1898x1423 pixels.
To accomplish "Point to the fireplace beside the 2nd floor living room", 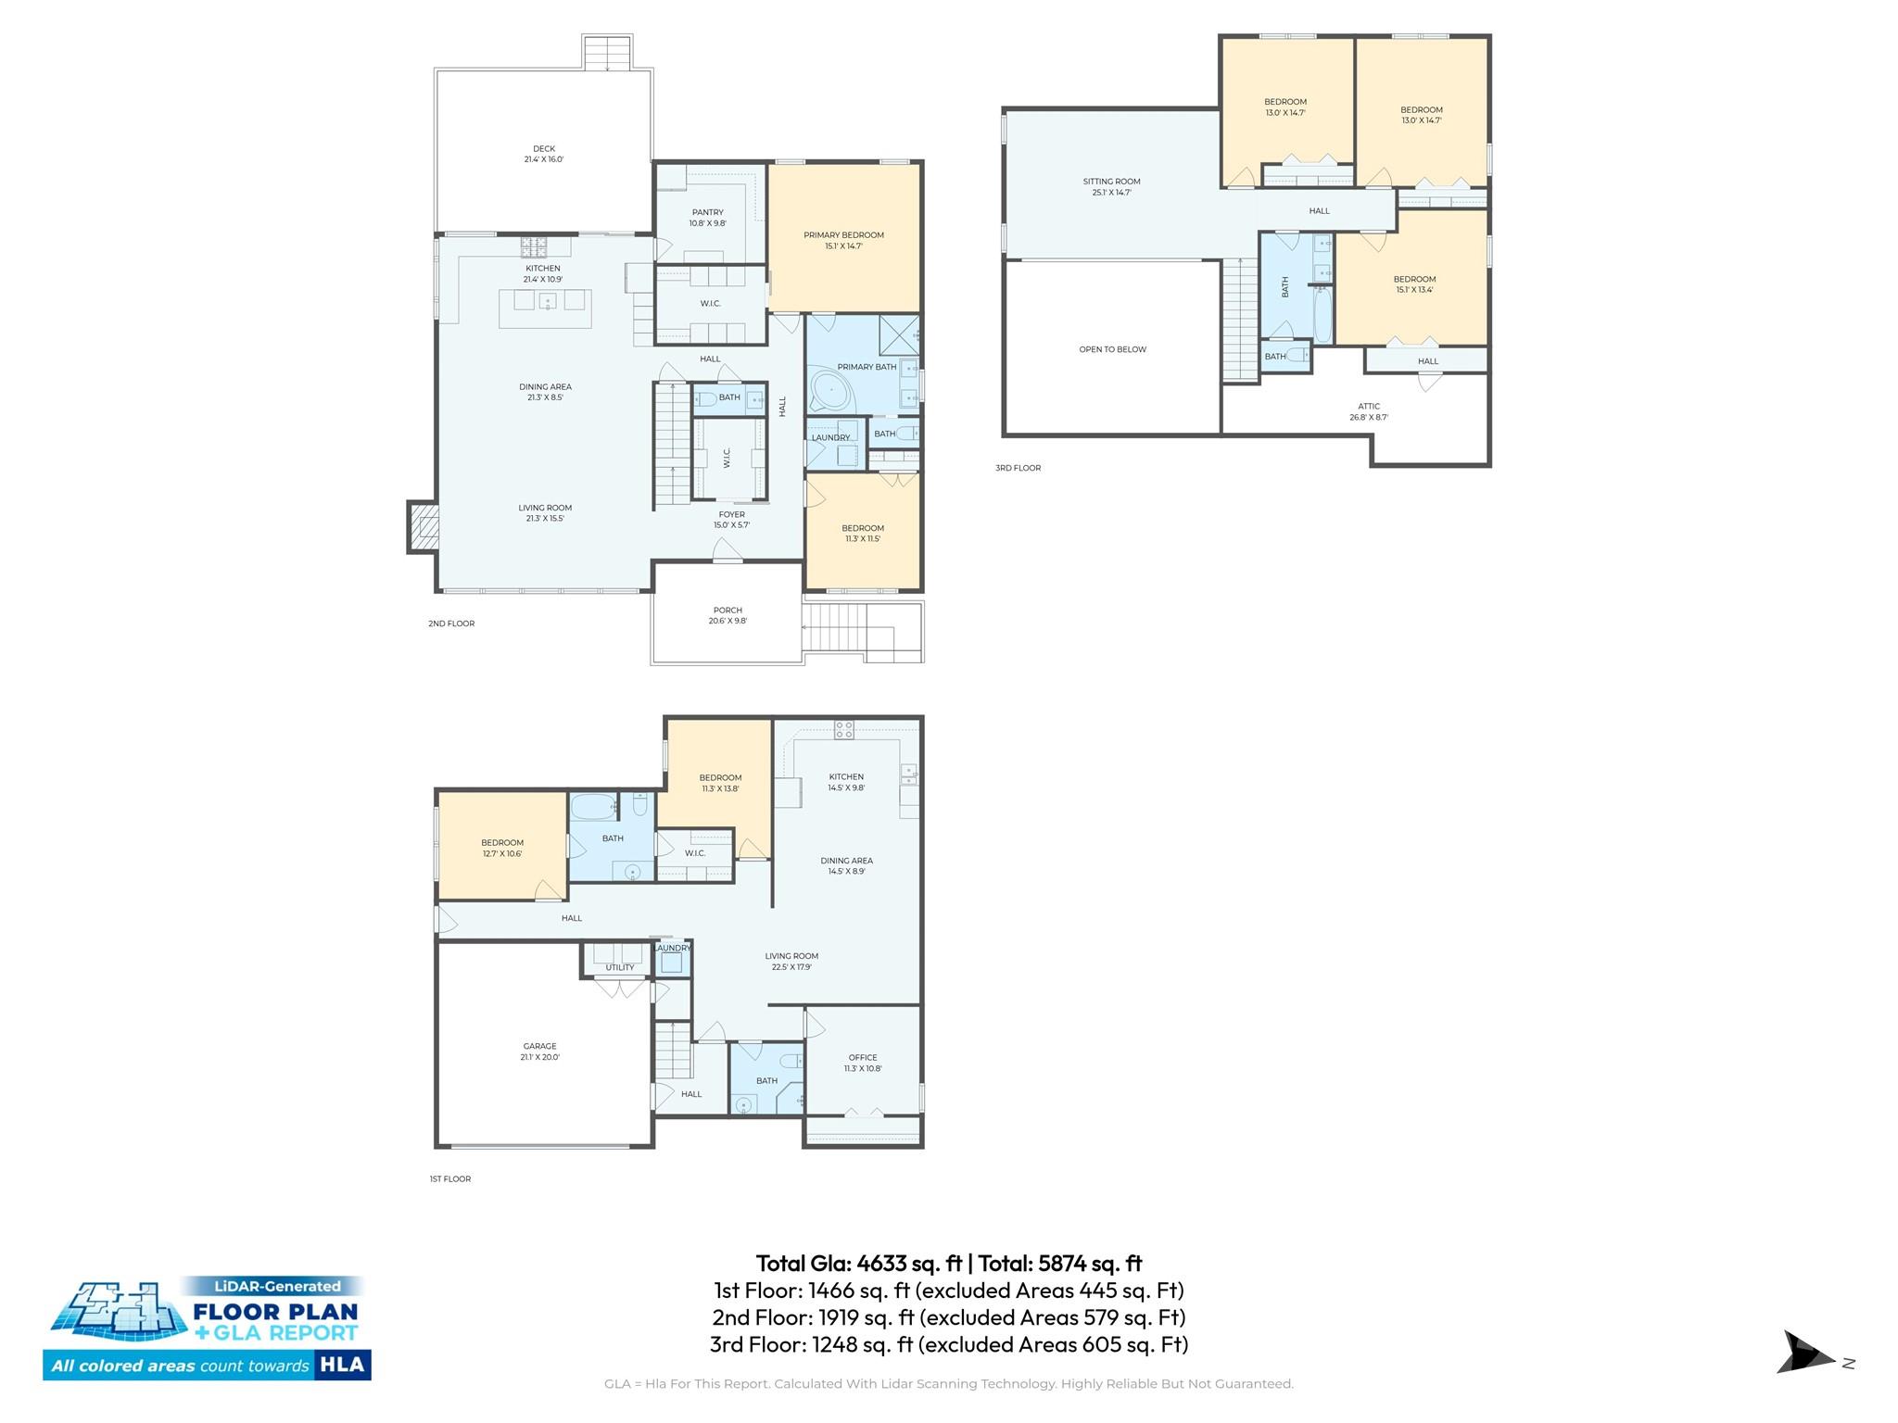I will [x=423, y=527].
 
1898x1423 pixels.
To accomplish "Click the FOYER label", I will [x=731, y=514].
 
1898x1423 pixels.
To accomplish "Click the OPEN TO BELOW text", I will [x=1112, y=349].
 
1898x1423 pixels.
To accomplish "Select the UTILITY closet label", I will [x=620, y=967].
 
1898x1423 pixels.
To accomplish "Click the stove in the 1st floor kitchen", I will [x=843, y=729].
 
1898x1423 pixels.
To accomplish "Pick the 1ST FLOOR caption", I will [x=450, y=1178].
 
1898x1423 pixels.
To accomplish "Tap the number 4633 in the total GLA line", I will [x=883, y=1264].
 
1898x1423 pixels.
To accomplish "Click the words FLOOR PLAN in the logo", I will [x=274, y=1312].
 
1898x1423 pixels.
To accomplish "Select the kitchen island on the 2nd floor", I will [x=545, y=309].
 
